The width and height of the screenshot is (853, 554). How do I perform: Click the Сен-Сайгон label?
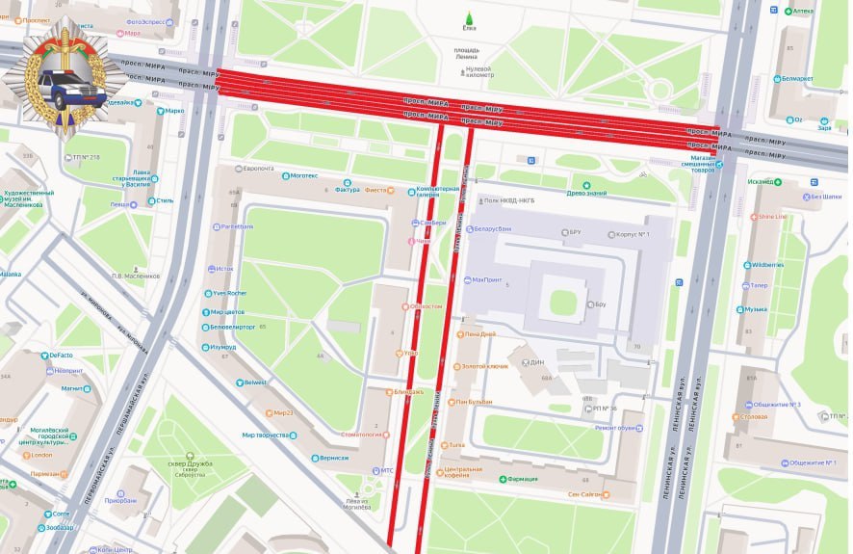pyautogui.click(x=585, y=494)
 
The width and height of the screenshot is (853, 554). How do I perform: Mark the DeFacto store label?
pyautogui.click(x=61, y=356)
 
